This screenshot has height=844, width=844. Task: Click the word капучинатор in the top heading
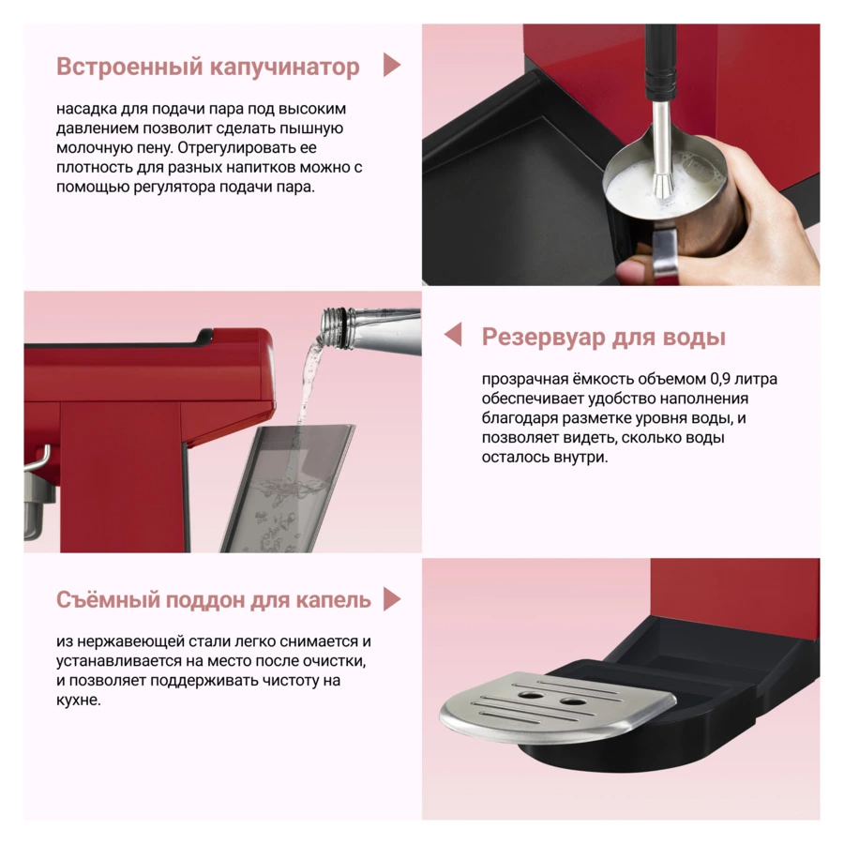click(284, 68)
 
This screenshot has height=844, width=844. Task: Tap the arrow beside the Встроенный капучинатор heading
click(391, 65)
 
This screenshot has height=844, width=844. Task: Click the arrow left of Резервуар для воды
click(453, 334)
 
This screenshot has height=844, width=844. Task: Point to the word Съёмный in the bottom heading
click(107, 599)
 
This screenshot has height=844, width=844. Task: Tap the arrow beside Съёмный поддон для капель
click(392, 599)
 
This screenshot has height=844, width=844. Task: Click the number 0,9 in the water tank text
click(720, 379)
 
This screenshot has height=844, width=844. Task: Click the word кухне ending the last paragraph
click(78, 701)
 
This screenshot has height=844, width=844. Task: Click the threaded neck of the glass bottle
click(336, 326)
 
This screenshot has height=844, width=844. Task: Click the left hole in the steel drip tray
click(531, 695)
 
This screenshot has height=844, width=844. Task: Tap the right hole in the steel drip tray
click(572, 701)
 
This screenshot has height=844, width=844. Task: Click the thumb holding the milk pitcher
click(635, 269)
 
